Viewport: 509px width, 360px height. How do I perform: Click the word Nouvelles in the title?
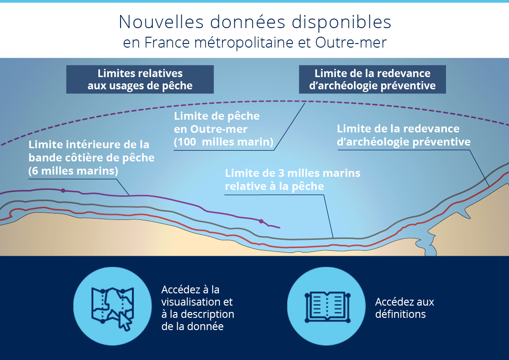(161, 22)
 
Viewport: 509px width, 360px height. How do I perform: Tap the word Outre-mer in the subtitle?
(351, 43)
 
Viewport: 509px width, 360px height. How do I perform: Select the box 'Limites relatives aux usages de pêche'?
(140, 79)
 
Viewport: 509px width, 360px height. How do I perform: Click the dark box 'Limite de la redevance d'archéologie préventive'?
(372, 79)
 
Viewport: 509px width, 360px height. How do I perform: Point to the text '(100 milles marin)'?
(223, 142)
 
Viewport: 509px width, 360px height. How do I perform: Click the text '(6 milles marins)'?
(73, 171)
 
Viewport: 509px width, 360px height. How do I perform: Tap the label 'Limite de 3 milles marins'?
(292, 173)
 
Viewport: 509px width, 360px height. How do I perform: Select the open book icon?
(327, 307)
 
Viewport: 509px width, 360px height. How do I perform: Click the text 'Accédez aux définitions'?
(404, 308)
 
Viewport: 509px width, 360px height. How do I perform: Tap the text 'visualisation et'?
(197, 302)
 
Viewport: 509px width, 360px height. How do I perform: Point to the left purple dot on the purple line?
(63, 190)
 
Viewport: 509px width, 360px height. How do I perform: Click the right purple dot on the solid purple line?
(262, 221)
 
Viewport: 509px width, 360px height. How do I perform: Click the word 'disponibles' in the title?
(341, 22)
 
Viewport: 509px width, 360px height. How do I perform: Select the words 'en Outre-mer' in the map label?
(211, 129)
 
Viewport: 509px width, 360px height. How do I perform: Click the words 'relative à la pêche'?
(274, 186)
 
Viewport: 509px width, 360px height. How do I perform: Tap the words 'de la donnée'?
(192, 326)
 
